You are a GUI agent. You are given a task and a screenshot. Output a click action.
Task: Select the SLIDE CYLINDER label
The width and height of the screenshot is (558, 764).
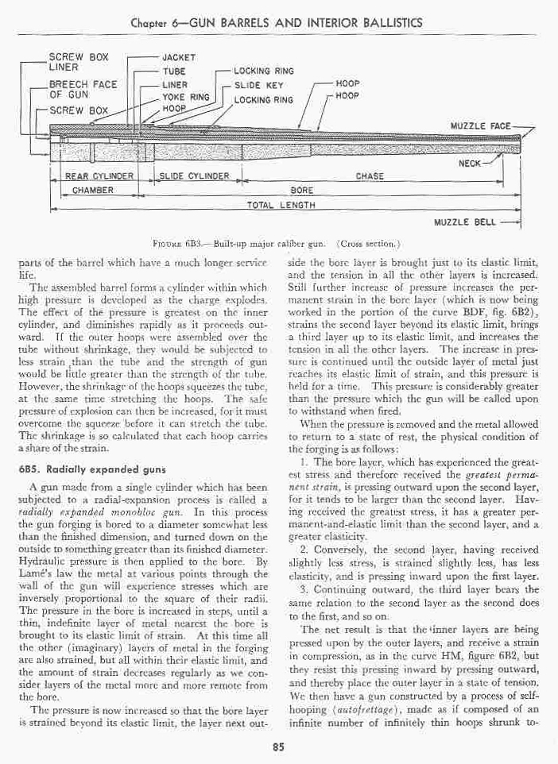point(195,176)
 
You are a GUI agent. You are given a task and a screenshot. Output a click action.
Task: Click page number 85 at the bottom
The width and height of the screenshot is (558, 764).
point(278,745)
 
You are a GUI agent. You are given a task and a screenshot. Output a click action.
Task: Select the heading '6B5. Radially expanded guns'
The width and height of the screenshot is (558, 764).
point(93,470)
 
